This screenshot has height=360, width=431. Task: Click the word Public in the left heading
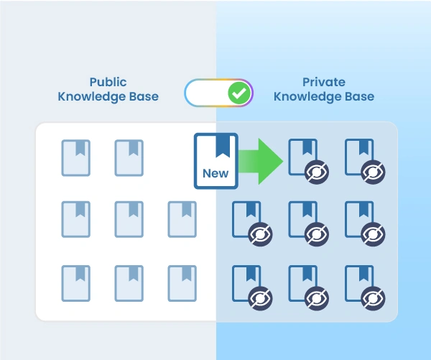[108, 82]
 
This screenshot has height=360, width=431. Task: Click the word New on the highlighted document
[215, 172]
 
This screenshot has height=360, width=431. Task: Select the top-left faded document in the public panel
[75, 157]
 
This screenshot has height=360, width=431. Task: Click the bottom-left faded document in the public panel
[75, 283]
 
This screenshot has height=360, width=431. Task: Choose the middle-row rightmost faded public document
[182, 219]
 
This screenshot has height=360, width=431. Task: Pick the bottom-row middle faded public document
[129, 283]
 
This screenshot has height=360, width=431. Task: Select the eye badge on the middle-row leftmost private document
[259, 234]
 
